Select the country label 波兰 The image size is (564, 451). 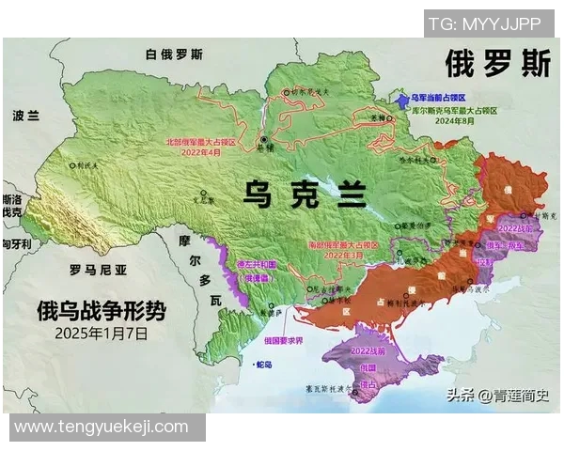pyautogui.click(x=26, y=116)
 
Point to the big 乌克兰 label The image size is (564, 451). pyautogui.click(x=304, y=194)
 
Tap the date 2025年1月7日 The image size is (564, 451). pyautogui.click(x=102, y=332)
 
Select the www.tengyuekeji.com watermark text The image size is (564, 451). pyautogui.click(x=102, y=427)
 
